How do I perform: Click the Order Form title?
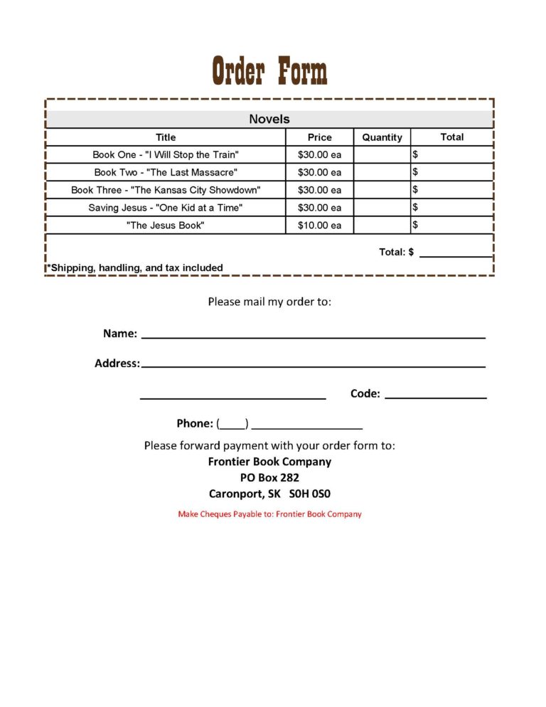click(269, 71)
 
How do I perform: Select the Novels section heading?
click(269, 119)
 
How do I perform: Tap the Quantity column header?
click(382, 137)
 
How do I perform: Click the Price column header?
click(319, 137)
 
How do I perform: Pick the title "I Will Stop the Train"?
click(166, 154)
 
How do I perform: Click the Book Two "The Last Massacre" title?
click(166, 172)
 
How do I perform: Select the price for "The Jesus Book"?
click(319, 225)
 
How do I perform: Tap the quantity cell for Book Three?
click(382, 190)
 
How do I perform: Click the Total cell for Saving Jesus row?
click(452, 208)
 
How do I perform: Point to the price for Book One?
click(319, 154)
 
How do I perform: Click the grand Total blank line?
click(455, 253)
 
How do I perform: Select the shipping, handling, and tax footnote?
click(135, 267)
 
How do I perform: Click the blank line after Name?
click(313, 334)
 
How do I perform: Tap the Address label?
click(117, 363)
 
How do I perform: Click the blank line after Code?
click(435, 395)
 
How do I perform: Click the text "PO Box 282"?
click(269, 477)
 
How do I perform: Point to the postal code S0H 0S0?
click(311, 493)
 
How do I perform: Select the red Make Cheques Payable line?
click(269, 514)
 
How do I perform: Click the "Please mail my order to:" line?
click(269, 302)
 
